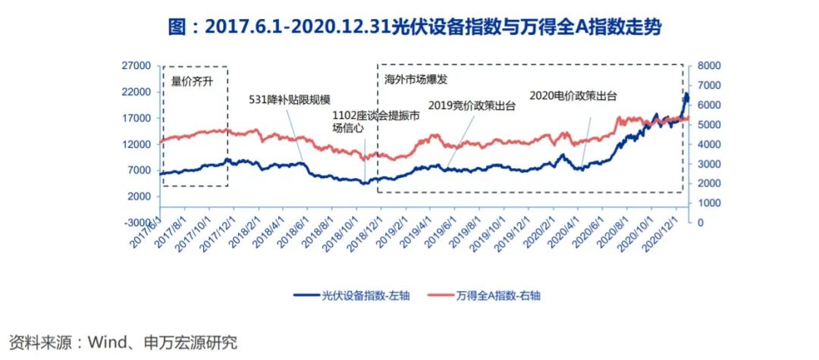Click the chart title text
[x=409, y=27]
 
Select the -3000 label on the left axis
[x=136, y=222]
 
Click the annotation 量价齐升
[x=192, y=80]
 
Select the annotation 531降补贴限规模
[x=290, y=99]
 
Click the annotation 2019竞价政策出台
[x=472, y=106]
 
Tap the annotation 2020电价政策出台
[x=573, y=95]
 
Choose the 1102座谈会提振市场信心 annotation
[x=365, y=121]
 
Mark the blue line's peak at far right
[x=686, y=94]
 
